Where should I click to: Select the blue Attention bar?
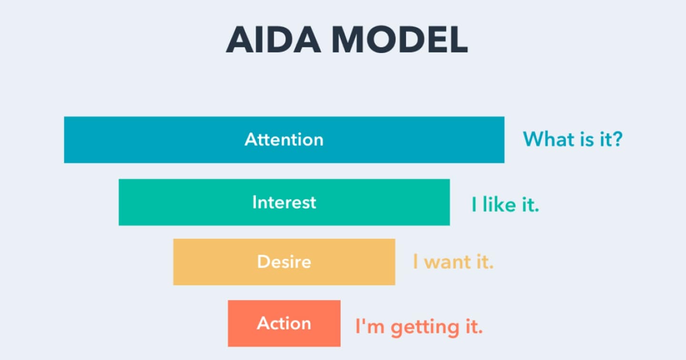[143, 140]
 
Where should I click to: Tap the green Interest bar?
[191, 202]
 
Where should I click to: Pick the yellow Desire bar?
[214, 262]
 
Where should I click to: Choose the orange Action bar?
[243, 324]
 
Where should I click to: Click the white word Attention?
[284, 140]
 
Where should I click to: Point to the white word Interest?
[284, 202]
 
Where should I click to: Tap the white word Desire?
[284, 262]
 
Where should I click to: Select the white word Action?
[284, 324]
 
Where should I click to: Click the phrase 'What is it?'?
[573, 139]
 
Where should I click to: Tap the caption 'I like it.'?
[505, 205]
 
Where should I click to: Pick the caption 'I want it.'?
[453, 262]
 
